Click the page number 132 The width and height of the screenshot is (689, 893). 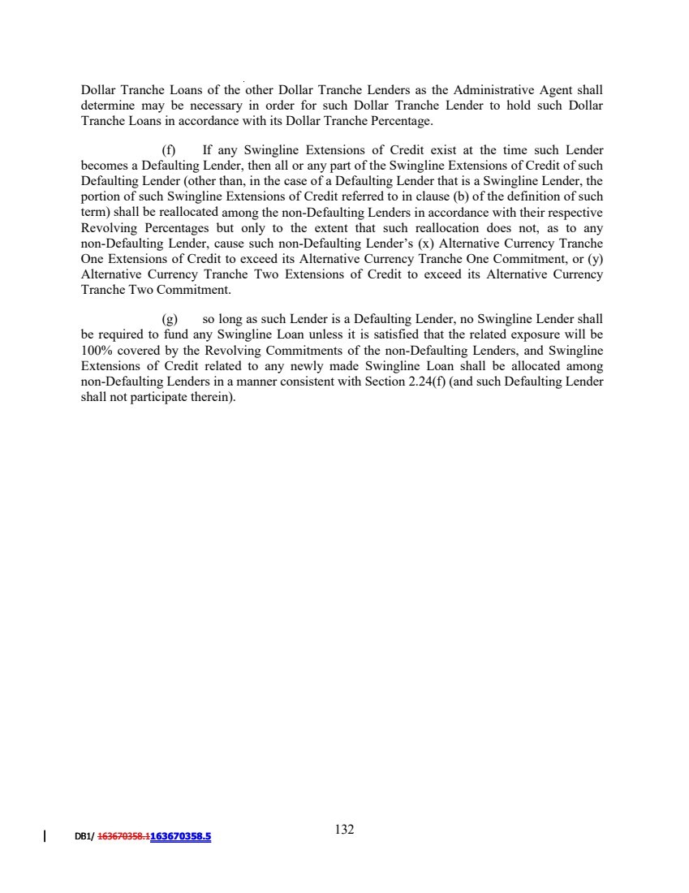pyautogui.click(x=344, y=830)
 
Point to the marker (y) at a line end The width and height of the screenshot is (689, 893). pyautogui.click(x=595, y=259)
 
